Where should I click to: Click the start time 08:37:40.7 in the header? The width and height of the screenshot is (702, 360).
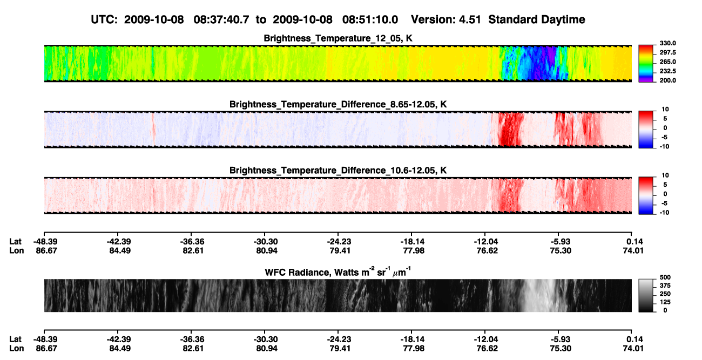[x=221, y=20]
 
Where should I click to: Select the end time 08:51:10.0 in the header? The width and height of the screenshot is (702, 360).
[x=370, y=20]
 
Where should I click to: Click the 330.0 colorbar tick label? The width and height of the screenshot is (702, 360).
[x=667, y=43]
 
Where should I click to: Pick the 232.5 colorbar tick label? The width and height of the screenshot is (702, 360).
[x=667, y=71]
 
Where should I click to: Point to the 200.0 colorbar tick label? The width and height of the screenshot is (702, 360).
[x=667, y=80]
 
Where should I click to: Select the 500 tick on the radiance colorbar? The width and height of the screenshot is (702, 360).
[x=665, y=277]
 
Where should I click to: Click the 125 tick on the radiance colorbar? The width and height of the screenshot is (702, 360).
[x=665, y=302]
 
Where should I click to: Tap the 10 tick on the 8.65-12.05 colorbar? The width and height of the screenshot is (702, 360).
[x=665, y=110]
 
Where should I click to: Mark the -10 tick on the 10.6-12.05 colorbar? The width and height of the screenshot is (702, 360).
[x=664, y=213]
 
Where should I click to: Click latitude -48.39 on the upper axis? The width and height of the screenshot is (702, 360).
[x=45, y=242]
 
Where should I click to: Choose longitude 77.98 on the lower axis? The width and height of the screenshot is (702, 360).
[x=414, y=349]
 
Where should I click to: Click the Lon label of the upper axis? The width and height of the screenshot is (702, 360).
[x=16, y=250]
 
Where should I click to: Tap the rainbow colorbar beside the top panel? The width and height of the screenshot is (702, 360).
[x=646, y=64]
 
